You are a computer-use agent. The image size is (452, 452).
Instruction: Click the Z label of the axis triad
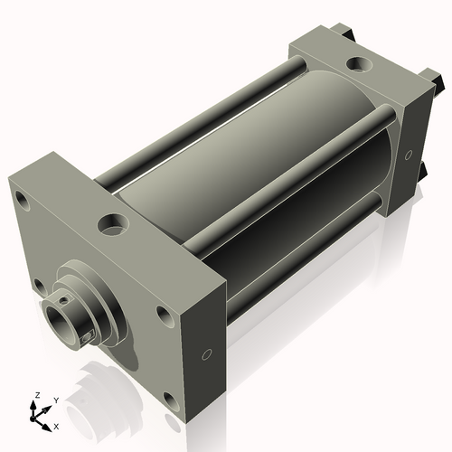[37, 395]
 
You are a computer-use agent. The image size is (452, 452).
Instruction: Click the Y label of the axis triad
[56, 400]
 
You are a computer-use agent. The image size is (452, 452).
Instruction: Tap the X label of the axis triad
[56, 427]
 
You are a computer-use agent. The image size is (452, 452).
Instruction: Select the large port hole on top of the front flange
[113, 225]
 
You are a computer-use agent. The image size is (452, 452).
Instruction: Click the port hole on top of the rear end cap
[360, 64]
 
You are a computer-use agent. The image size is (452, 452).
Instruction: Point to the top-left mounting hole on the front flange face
[22, 200]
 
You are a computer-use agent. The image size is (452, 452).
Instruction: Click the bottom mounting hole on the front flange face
[172, 402]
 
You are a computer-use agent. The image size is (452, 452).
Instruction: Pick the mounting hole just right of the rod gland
[165, 317]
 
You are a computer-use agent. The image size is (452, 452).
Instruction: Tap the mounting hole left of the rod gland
[40, 287]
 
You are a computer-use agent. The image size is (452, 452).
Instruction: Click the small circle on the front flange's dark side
[207, 354]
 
